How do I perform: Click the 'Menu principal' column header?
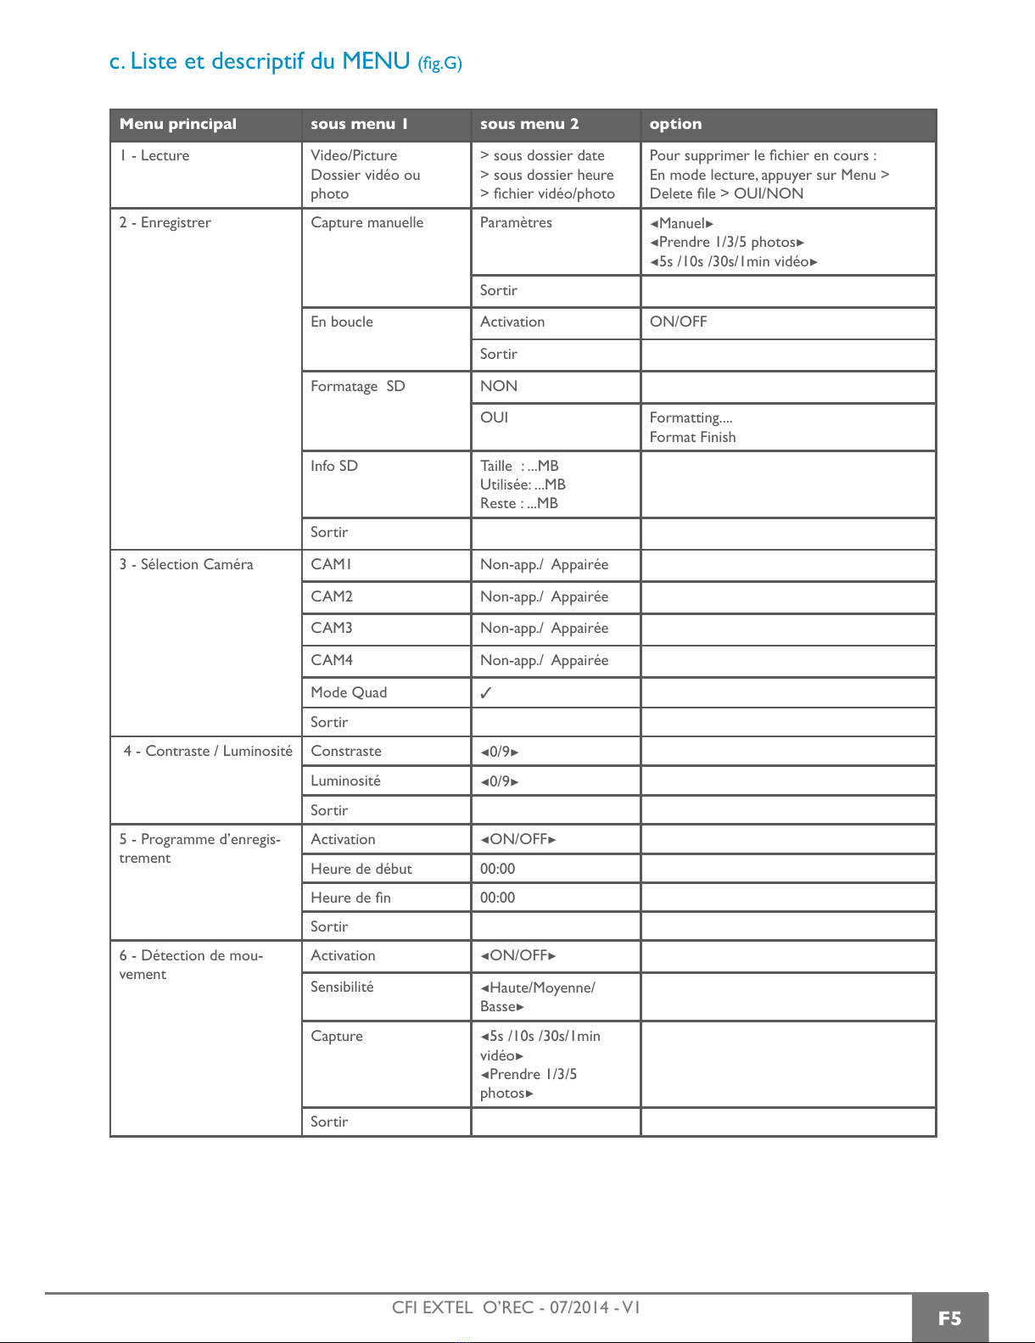(x=178, y=124)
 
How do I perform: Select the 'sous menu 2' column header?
(x=529, y=124)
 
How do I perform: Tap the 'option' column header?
(x=675, y=124)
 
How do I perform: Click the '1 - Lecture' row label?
(x=154, y=155)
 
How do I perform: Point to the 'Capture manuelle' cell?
(x=366, y=222)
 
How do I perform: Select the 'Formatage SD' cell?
(x=357, y=386)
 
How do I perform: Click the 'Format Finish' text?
(x=692, y=437)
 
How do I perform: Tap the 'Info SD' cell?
(x=334, y=466)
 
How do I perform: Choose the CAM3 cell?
(x=332, y=628)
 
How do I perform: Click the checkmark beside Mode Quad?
(x=486, y=693)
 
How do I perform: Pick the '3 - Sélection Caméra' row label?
(x=187, y=564)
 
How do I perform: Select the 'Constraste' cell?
(x=346, y=751)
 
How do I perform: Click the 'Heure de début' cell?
(x=361, y=869)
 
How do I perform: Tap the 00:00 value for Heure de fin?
(x=497, y=898)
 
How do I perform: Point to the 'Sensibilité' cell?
(x=342, y=987)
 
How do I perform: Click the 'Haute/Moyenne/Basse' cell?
(x=537, y=997)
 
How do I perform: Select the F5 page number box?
(x=949, y=1318)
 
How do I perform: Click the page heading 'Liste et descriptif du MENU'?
(x=285, y=61)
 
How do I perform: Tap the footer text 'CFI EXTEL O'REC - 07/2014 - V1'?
(x=516, y=1307)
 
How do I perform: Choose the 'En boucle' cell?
(x=342, y=322)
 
